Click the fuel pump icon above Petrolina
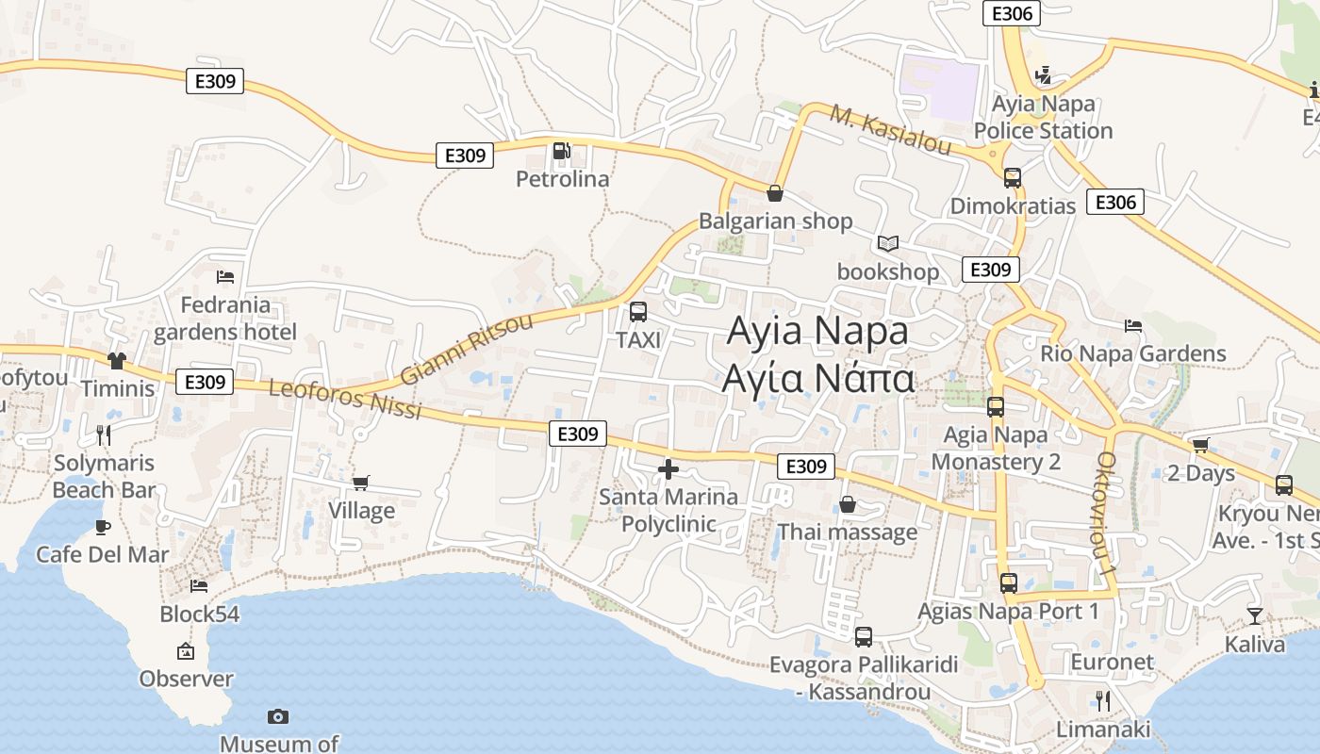[562, 150]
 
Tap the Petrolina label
[562, 178]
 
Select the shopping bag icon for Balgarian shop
[775, 193]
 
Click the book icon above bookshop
[887, 243]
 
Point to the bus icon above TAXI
[638, 312]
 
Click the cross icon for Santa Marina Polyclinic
[668, 468]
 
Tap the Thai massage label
[847, 532]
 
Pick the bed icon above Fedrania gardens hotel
[225, 277]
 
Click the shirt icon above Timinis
[117, 360]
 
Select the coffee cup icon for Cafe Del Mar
[103, 527]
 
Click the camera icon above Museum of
[278, 716]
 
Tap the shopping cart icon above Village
[360, 483]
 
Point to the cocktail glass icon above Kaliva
[1254, 616]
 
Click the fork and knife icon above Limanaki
[1102, 700]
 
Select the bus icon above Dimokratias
[1013, 177]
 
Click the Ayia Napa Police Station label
[1043, 117]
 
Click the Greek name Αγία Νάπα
[817, 378]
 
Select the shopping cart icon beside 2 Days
[1200, 445]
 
